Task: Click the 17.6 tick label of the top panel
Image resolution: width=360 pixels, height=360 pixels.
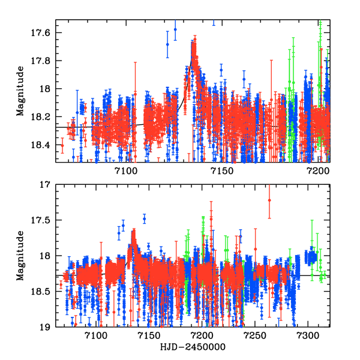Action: pos(44,32)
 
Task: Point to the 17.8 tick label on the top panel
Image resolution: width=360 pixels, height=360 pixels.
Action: pos(44,61)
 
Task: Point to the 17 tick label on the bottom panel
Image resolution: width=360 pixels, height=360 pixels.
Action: pos(49,185)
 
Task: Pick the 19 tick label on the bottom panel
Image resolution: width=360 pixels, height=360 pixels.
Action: pos(49,327)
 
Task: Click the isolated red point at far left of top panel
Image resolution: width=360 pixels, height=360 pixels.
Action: pos(62,145)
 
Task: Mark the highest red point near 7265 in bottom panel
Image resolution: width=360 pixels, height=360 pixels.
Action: pos(269,200)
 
